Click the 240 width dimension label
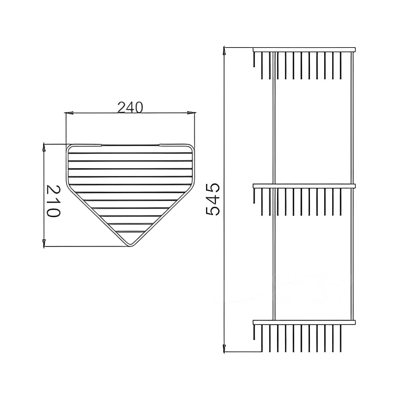coord(130,107)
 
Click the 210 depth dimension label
coord(53,201)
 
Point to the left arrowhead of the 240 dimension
coord(69,113)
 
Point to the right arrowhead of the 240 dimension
coord(190,113)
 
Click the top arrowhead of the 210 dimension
coord(44,147)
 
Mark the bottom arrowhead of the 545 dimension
coord(225,348)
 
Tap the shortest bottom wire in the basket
coord(130,232)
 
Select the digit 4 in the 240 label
coord(130,107)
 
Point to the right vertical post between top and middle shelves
coord(352,117)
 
